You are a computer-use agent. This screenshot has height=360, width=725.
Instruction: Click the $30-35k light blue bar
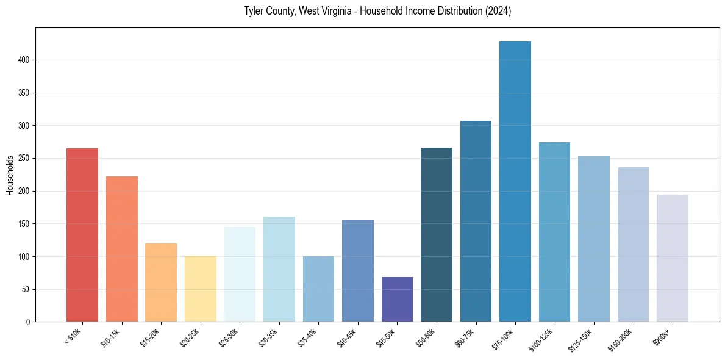(x=279, y=269)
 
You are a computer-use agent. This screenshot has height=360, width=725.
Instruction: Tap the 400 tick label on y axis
(x=24, y=60)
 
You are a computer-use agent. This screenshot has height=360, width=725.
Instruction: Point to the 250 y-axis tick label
(x=24, y=159)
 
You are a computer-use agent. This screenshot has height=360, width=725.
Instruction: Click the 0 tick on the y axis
(x=28, y=322)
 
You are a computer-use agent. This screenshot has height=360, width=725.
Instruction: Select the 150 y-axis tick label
(x=24, y=224)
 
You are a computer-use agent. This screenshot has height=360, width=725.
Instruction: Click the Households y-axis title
(x=10, y=175)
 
